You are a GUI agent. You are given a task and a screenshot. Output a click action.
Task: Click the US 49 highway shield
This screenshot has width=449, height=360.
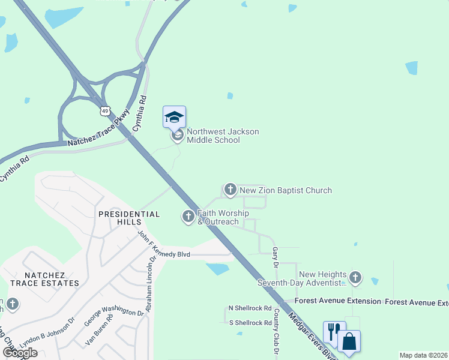pyautogui.click(x=106, y=111)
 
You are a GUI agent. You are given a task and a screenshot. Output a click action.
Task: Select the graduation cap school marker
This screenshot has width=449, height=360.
pyautogui.click(x=174, y=116)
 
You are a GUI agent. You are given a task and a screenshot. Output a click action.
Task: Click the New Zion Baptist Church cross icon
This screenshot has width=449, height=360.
pyautogui.click(x=230, y=190)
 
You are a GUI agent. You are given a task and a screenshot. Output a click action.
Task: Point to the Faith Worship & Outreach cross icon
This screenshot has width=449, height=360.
pyautogui.click(x=188, y=216)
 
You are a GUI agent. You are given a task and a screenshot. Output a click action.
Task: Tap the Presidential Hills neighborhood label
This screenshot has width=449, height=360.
pyautogui.click(x=129, y=218)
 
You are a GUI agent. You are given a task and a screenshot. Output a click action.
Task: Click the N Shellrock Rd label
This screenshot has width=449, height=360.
pyautogui.click(x=250, y=308)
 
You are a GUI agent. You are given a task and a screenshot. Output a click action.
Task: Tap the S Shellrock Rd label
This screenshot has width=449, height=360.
pyautogui.click(x=250, y=323)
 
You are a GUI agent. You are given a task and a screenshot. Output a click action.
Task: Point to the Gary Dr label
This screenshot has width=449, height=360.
pyautogui.click(x=276, y=256)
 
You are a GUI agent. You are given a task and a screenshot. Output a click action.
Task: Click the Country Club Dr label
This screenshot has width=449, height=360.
pyautogui.click(x=276, y=330)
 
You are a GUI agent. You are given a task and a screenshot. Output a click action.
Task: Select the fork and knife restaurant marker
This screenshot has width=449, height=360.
pyautogui.click(x=333, y=330)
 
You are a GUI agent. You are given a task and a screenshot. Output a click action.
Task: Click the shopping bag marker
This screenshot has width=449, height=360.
pyautogui.click(x=349, y=341)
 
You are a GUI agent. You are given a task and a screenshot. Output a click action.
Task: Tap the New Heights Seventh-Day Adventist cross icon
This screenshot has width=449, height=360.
pyautogui.click(x=355, y=278)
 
